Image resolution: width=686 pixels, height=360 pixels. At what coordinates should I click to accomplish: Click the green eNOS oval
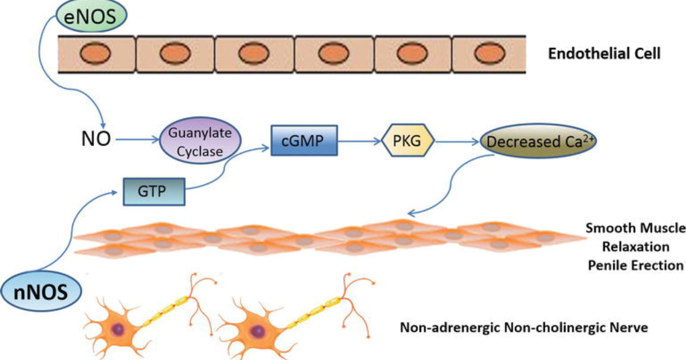(x=91, y=15)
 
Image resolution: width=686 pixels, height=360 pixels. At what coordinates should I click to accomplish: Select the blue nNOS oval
(x=41, y=291)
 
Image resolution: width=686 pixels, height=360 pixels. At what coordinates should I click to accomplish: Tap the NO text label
(x=96, y=139)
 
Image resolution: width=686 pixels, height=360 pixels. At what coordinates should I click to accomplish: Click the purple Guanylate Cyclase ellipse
(x=200, y=141)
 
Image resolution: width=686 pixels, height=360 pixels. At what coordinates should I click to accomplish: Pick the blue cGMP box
(x=304, y=141)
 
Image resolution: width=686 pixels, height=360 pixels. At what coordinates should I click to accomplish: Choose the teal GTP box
(x=154, y=191)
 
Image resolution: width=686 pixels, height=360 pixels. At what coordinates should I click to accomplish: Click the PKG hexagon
(x=408, y=141)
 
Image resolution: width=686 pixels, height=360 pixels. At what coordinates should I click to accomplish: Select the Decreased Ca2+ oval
(x=538, y=141)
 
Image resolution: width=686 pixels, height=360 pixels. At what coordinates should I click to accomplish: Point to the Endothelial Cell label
(x=604, y=54)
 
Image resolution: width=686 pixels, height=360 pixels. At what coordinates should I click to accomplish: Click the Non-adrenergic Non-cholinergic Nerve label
(x=524, y=327)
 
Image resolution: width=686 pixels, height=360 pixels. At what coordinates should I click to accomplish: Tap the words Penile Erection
(x=636, y=265)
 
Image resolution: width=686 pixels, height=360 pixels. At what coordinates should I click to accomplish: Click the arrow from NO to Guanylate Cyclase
(x=138, y=139)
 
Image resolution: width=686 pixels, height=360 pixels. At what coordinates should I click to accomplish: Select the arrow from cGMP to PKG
(x=360, y=141)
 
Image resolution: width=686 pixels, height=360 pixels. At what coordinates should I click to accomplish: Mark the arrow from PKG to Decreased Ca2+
(x=457, y=142)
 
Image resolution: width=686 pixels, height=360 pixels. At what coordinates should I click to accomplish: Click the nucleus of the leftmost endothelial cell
(x=95, y=53)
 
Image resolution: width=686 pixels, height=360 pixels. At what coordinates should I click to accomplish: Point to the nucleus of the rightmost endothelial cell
(x=490, y=53)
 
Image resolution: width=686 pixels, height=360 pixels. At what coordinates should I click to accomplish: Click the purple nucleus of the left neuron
(x=118, y=330)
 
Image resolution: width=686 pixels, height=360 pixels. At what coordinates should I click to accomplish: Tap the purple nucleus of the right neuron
(x=258, y=331)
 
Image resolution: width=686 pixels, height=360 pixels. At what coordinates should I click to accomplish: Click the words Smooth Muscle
(x=636, y=229)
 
